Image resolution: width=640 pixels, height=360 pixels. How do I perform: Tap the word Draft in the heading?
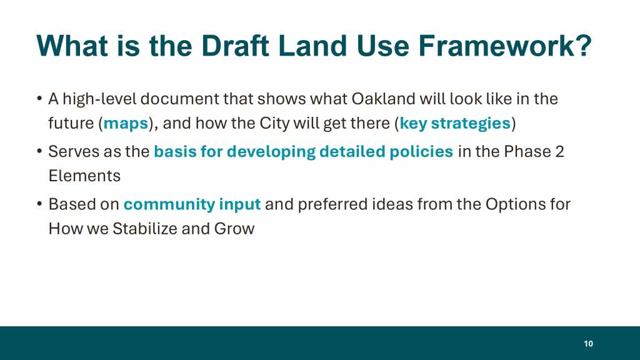[235, 45]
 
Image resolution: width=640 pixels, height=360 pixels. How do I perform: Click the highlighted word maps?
[126, 124]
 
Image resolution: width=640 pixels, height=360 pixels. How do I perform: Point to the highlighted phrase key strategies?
[455, 123]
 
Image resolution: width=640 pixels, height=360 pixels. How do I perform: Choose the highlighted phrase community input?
[192, 204]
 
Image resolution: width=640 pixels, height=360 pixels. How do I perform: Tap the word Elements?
[84, 176]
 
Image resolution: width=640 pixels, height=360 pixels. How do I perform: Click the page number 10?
[588, 344]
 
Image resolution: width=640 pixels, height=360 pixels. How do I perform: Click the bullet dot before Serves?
[39, 151]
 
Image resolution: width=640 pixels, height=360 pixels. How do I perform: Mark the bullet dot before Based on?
[39, 204]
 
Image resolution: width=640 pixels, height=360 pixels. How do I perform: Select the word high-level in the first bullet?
[99, 99]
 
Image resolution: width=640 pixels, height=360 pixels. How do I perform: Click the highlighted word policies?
[421, 152]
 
